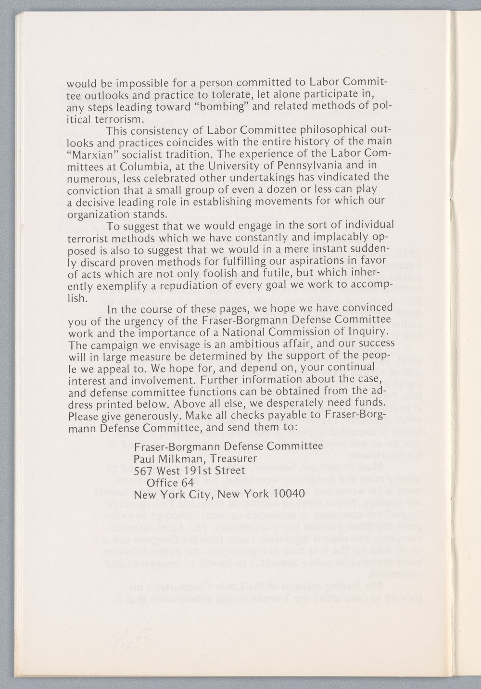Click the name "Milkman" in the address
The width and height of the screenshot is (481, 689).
[182, 458]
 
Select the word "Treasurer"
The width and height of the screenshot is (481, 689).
[230, 458]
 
